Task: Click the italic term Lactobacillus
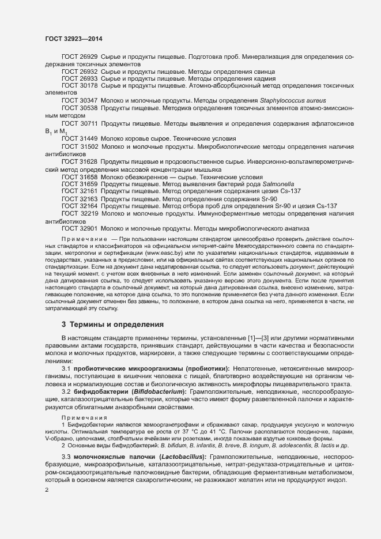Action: (180, 457)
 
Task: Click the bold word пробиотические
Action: (99, 368)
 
